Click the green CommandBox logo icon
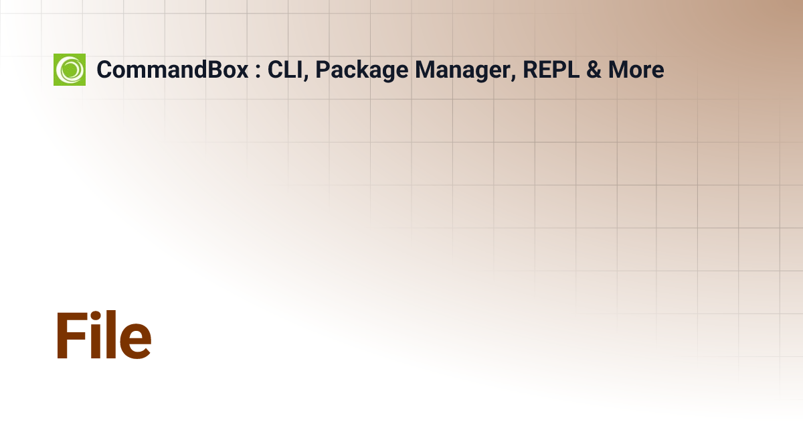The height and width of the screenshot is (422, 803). (70, 70)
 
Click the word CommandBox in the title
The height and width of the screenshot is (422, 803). (173, 70)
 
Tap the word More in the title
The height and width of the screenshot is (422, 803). (636, 70)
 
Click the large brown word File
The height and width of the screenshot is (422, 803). (103, 336)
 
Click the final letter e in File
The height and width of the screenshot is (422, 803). (136, 342)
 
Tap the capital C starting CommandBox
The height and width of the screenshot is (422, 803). (104, 70)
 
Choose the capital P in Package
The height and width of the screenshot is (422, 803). (322, 70)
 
